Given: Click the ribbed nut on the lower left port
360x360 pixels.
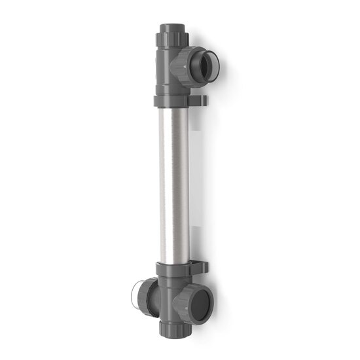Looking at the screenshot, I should [x=148, y=295].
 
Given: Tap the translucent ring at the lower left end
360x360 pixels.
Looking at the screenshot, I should [x=139, y=295].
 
